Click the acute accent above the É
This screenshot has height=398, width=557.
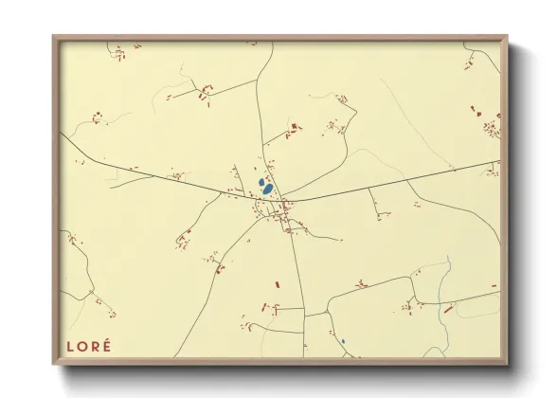(107, 338)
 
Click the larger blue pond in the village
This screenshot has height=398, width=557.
(268, 189)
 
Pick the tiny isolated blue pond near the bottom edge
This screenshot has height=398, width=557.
(342, 341)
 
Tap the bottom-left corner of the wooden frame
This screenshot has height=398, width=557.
(54, 363)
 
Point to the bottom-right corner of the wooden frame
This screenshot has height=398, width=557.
(506, 363)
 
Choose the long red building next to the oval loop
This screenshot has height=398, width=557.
(448, 308)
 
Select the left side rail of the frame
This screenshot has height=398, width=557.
(56, 199)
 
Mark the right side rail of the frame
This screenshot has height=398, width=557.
(504, 199)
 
